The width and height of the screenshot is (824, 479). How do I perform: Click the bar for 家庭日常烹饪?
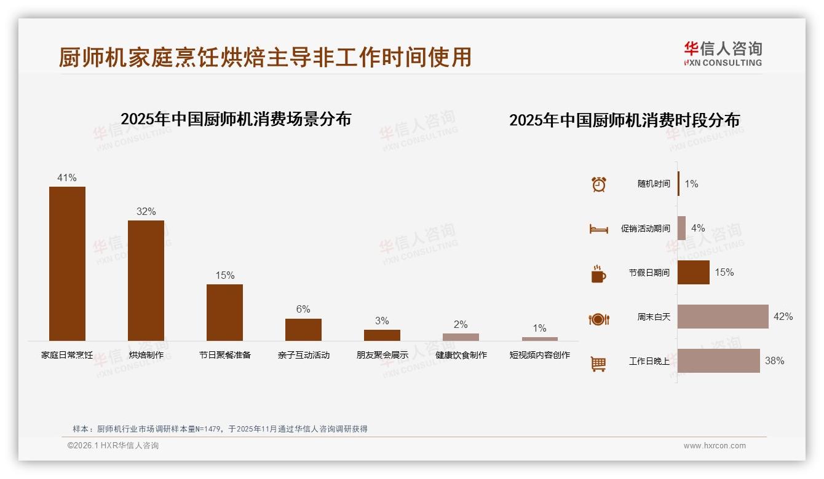click(x=67, y=263)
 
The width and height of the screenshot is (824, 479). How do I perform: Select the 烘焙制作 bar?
click(x=146, y=280)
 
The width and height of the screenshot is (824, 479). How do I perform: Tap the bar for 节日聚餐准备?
click(x=224, y=312)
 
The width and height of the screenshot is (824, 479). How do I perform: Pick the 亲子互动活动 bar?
click(x=303, y=329)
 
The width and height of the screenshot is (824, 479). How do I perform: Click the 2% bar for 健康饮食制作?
click(x=461, y=337)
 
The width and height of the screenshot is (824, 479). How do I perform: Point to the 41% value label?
click(x=67, y=178)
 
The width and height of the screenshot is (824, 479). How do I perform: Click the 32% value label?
click(x=146, y=212)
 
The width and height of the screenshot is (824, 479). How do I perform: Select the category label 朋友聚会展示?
click(x=382, y=355)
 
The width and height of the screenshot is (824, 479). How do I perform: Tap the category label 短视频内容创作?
click(x=539, y=355)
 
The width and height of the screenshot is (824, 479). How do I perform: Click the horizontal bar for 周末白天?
click(x=723, y=317)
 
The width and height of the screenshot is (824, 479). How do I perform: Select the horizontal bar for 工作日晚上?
click(x=718, y=361)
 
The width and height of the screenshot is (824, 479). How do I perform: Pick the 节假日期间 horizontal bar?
click(x=693, y=273)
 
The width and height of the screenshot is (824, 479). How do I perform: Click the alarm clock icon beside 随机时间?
click(x=598, y=184)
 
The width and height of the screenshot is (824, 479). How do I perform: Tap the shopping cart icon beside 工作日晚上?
click(x=598, y=364)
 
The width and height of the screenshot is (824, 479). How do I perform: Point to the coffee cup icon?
click(x=598, y=274)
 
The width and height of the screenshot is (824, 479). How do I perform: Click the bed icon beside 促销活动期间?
click(x=598, y=229)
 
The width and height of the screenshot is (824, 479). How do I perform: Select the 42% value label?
click(x=783, y=317)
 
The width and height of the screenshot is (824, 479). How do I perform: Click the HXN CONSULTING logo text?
click(x=723, y=63)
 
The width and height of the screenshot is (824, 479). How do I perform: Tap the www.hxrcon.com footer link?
click(x=715, y=446)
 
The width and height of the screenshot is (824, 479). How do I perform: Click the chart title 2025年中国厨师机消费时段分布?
click(x=624, y=120)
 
